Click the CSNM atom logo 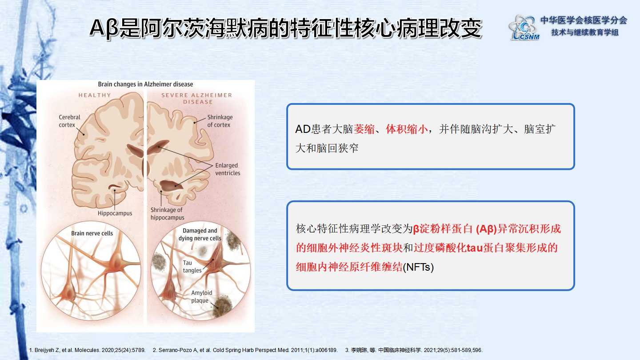point(524,28)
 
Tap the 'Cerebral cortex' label point(69,121)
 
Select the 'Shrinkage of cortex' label point(220,121)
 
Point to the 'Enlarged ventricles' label point(228,169)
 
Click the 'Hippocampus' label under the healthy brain point(115,213)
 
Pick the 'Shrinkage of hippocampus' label point(167,213)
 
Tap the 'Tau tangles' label point(192,266)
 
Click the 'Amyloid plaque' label point(201,296)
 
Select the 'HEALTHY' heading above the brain point(95,95)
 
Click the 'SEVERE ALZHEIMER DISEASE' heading point(197,99)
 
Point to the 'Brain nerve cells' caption point(92,233)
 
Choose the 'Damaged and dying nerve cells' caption point(200,234)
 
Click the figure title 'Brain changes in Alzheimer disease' point(145,84)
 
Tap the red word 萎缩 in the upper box point(364,129)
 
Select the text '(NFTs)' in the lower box point(418,267)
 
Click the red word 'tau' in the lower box point(475,248)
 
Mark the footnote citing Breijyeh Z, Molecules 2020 point(87,350)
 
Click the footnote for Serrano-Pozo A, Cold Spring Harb point(245,350)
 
